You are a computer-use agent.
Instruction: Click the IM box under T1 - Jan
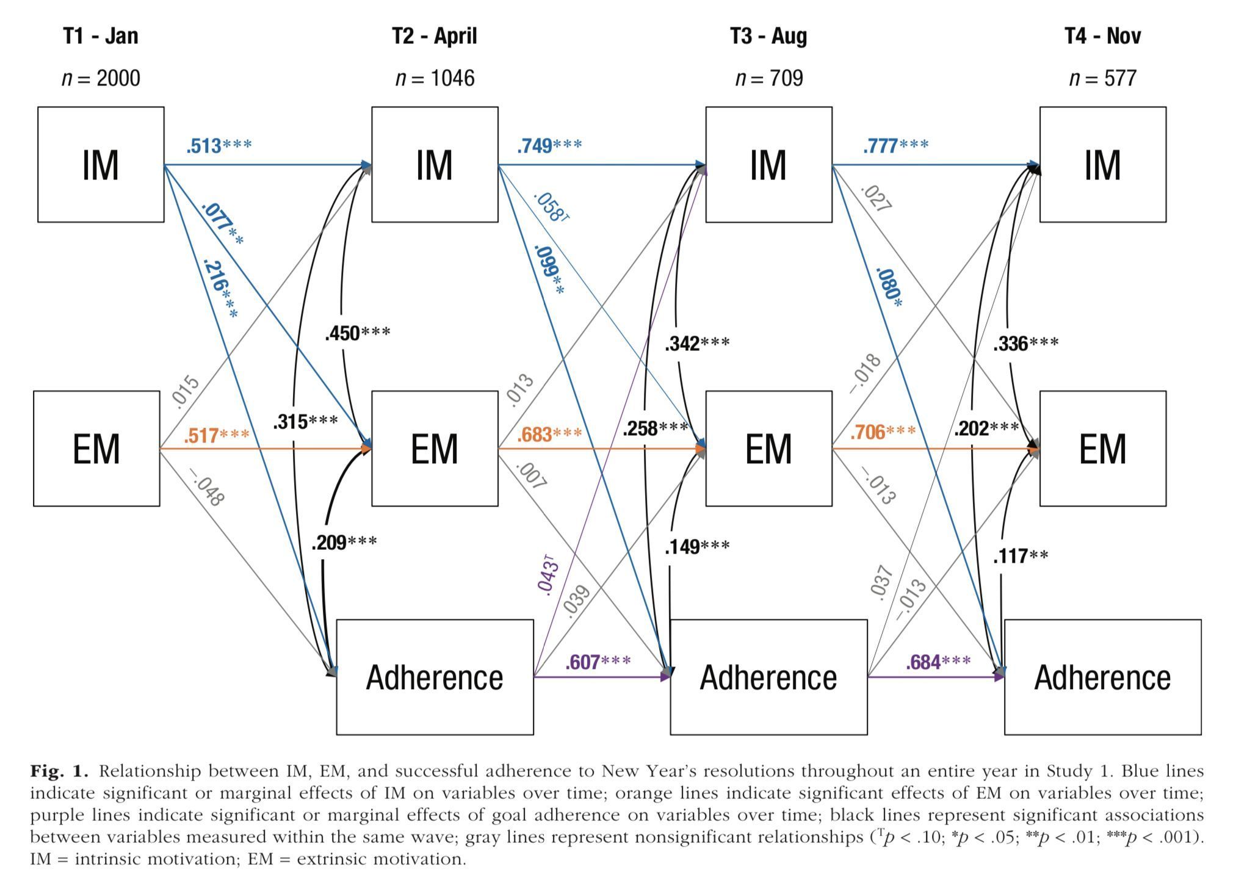(101, 164)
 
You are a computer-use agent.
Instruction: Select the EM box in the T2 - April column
(435, 449)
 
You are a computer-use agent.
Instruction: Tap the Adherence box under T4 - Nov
(1102, 677)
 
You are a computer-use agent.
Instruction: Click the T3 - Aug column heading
(768, 36)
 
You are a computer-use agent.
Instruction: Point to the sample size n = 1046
(435, 78)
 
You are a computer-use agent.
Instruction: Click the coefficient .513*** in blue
(219, 146)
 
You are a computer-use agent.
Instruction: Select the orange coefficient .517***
(216, 435)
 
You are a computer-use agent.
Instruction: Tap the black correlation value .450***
(357, 333)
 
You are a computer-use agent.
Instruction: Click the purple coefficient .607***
(598, 662)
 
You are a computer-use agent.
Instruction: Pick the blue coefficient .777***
(895, 146)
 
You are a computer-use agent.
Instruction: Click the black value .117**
(1020, 556)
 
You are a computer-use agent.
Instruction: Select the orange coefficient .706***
(883, 432)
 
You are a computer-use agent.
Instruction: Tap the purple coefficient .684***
(938, 662)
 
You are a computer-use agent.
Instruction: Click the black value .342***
(697, 343)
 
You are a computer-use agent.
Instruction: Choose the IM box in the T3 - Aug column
(768, 164)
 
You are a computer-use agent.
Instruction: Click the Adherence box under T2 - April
(435, 677)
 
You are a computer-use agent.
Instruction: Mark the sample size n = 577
(1102, 78)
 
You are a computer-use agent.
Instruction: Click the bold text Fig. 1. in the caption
(59, 771)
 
